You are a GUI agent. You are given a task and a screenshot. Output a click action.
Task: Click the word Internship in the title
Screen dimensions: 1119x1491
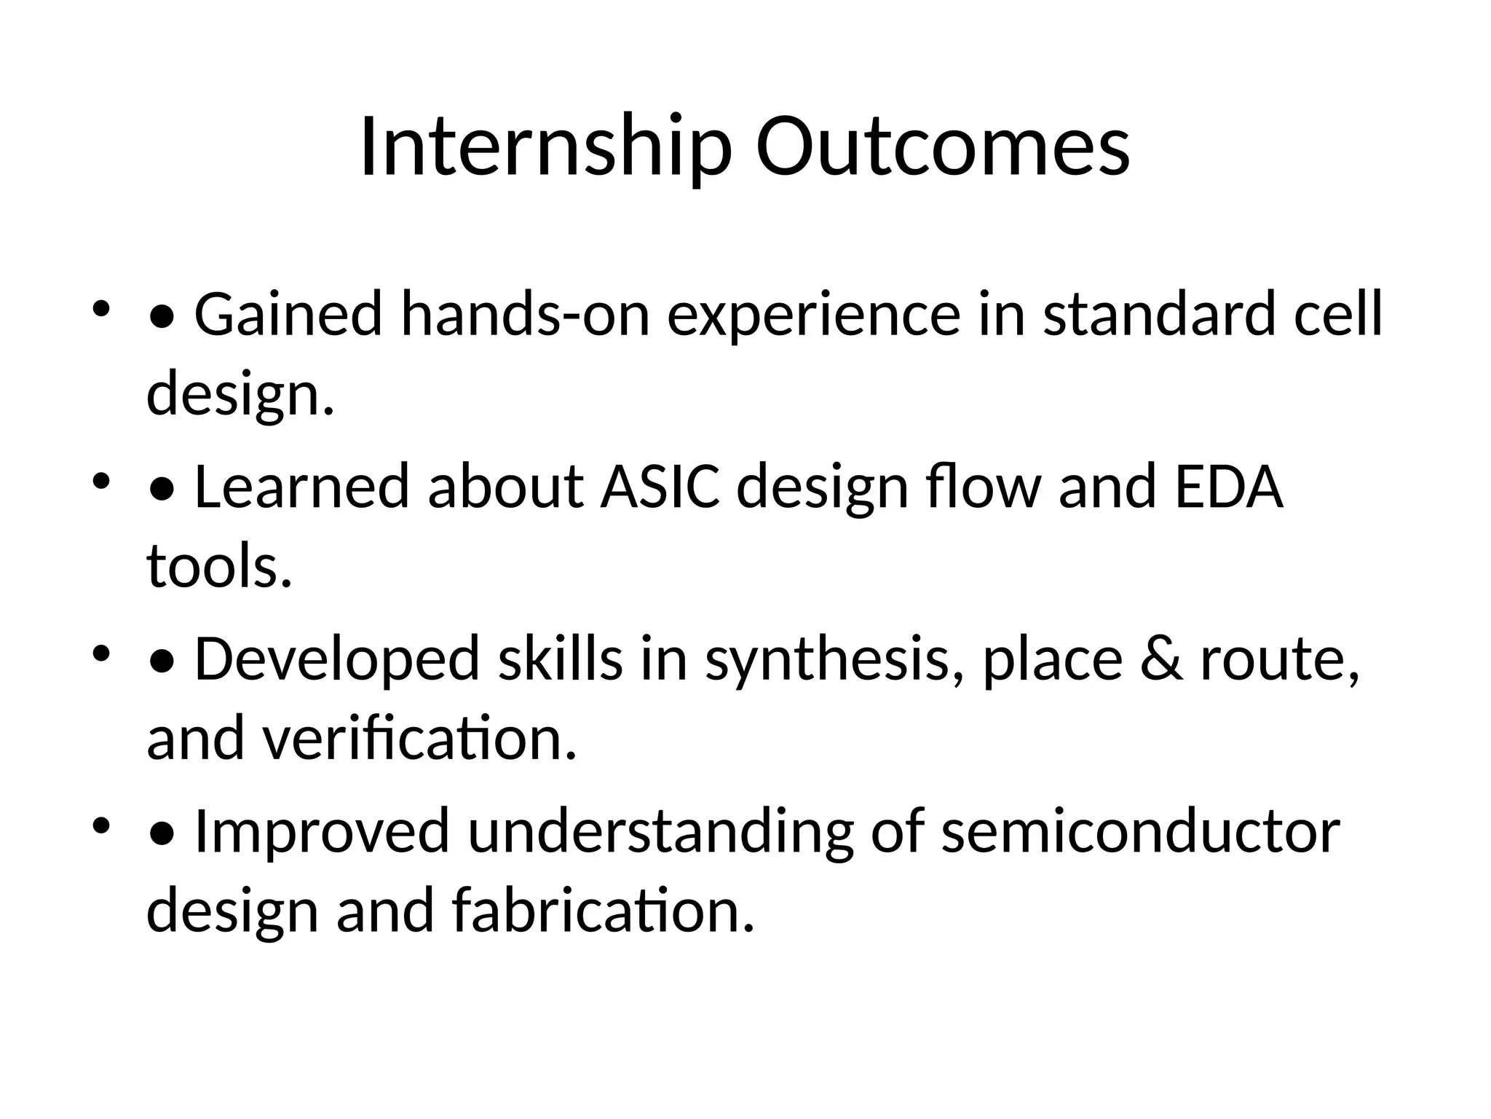click(x=545, y=147)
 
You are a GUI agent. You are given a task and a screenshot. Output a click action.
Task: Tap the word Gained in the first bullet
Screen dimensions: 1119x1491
click(x=288, y=315)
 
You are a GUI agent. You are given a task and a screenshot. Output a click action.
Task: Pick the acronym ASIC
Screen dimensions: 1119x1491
click(x=660, y=487)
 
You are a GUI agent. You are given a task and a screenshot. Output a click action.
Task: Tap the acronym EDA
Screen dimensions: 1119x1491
click(x=1229, y=487)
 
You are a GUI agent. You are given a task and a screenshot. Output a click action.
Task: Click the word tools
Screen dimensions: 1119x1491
click(x=218, y=567)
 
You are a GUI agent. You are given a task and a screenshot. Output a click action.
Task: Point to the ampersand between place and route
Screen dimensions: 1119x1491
click(x=1161, y=659)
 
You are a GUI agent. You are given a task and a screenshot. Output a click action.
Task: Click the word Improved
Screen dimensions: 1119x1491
click(x=322, y=831)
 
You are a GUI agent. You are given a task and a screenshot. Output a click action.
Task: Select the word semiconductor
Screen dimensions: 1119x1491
click(x=1140, y=831)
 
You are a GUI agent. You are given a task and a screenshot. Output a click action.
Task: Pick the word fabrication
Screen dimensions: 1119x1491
click(x=603, y=911)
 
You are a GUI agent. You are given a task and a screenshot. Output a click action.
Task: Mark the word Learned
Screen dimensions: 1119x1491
click(x=301, y=487)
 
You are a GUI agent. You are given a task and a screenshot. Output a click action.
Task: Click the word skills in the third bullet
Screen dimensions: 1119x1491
click(x=560, y=659)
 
